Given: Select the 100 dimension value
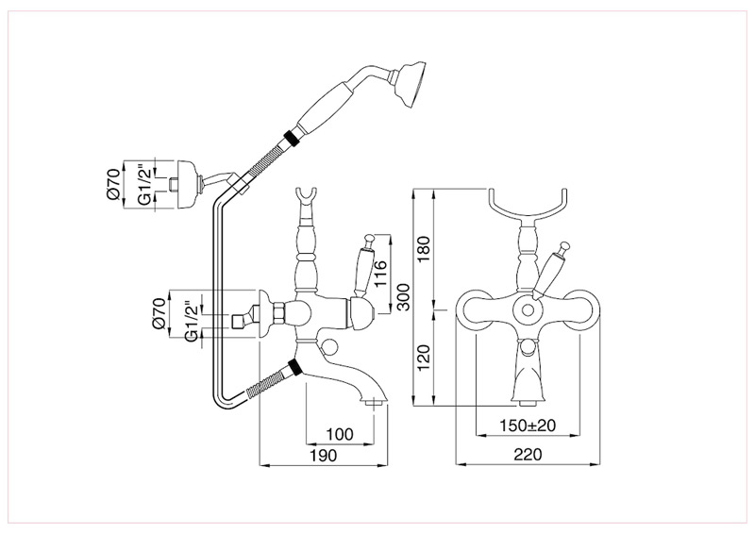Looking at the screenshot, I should pyautogui.click(x=341, y=434).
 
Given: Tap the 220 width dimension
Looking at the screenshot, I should pyautogui.click(x=528, y=456).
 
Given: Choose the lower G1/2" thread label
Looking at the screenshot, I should pyautogui.click(x=193, y=322).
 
